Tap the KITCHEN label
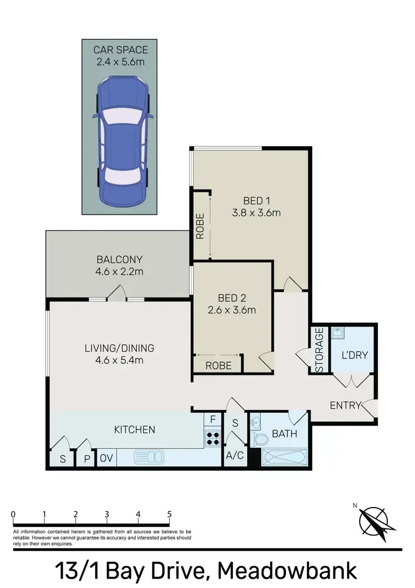[134, 429]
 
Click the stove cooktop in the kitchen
[212, 439]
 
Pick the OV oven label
[106, 459]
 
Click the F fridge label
[212, 420]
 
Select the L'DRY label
[354, 355]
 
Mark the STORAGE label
[319, 350]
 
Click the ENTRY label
[345, 405]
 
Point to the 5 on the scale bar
[169, 514]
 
